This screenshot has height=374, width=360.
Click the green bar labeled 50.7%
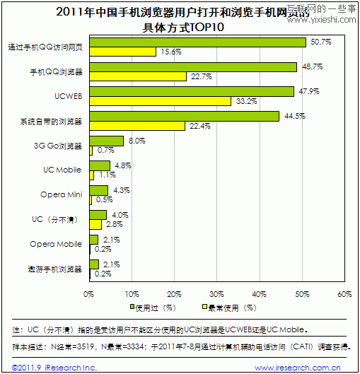(x=197, y=42)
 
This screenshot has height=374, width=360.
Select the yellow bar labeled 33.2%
(x=160, y=101)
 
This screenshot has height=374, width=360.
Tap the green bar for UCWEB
(x=191, y=91)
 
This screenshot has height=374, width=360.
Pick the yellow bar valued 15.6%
(x=122, y=52)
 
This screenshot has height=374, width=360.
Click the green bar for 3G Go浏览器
(x=106, y=141)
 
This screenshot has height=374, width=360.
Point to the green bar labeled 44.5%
(x=184, y=116)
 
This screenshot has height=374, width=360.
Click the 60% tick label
(x=344, y=293)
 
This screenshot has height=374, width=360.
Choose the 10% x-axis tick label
(x=132, y=293)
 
